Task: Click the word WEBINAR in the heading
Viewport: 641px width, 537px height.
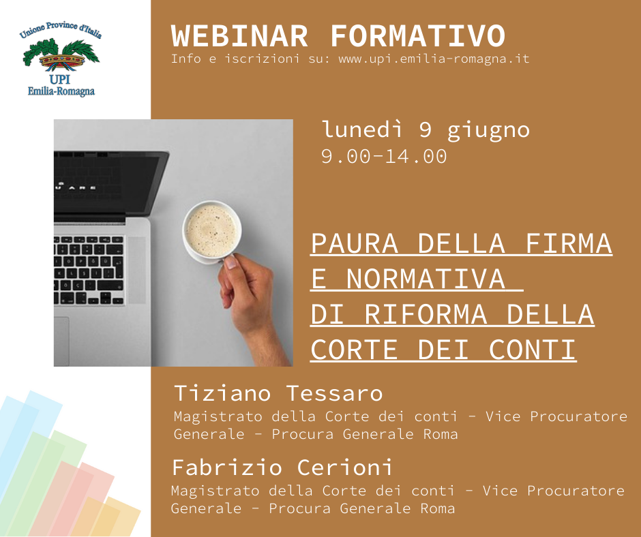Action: (x=239, y=36)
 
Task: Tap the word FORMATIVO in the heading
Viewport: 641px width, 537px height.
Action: (x=418, y=36)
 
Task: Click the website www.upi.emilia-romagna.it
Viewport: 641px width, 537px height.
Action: (x=434, y=59)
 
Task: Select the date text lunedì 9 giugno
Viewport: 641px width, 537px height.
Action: (x=426, y=130)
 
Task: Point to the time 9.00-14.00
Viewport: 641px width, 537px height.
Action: (x=384, y=157)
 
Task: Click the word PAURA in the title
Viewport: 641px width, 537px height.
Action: (x=355, y=244)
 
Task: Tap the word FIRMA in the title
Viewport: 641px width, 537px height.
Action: (x=568, y=244)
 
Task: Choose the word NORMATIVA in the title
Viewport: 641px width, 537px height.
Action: (x=426, y=279)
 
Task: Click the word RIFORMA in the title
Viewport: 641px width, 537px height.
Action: (x=426, y=315)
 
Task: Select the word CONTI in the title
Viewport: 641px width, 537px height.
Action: (x=533, y=350)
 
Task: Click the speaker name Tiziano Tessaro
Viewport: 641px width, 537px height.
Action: (x=278, y=394)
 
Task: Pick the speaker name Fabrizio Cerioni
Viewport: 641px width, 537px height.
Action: (x=282, y=467)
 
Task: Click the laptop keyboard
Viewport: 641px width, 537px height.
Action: (x=89, y=270)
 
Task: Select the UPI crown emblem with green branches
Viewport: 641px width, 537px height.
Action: (x=61, y=56)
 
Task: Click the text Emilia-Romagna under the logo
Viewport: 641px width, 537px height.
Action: (x=61, y=91)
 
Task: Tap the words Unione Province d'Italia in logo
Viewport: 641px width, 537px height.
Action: (x=61, y=30)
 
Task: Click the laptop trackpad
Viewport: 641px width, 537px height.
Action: (x=61, y=341)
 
